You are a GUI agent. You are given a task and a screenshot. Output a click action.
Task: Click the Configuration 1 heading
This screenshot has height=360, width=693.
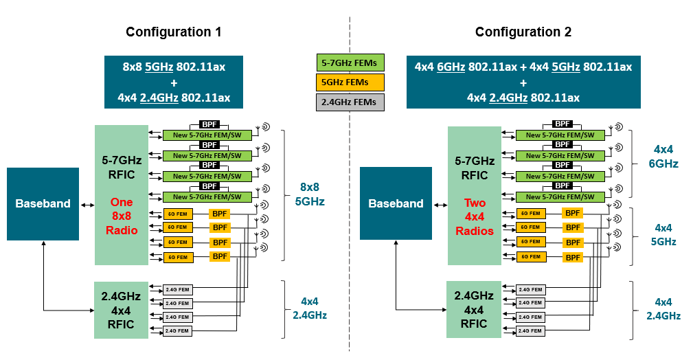173,32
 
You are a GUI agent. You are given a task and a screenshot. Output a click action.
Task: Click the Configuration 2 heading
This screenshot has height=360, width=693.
523,32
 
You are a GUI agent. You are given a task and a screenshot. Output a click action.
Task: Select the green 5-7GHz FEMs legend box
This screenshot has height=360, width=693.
350,63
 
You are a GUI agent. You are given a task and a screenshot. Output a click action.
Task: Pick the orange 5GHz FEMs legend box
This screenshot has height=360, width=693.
350,82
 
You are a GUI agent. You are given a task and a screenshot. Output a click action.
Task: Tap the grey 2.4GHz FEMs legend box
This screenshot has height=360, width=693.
350,102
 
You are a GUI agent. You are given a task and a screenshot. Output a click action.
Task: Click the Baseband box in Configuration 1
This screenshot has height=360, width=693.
43,203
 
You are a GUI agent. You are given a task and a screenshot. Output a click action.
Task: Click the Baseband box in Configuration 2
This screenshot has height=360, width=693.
396,203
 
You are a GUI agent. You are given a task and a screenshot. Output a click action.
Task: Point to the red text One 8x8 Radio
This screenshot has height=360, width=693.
122,216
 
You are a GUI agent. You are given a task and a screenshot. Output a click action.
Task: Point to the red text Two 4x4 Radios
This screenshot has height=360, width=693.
475,216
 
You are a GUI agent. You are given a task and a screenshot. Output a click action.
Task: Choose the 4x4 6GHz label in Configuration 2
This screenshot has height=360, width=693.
665,156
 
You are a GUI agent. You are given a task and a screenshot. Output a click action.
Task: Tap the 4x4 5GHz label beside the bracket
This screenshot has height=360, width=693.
665,234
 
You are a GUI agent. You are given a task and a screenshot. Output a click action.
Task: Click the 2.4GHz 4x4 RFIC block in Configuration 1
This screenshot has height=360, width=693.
122,310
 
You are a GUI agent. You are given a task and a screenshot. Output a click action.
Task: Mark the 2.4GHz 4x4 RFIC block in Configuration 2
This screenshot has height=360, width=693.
475,310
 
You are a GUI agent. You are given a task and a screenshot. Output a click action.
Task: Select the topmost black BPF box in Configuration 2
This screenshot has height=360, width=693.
563,124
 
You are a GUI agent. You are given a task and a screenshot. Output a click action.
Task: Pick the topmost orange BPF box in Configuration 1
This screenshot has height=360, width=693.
220,214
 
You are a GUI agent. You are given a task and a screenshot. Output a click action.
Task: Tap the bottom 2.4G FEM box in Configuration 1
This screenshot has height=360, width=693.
177,331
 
